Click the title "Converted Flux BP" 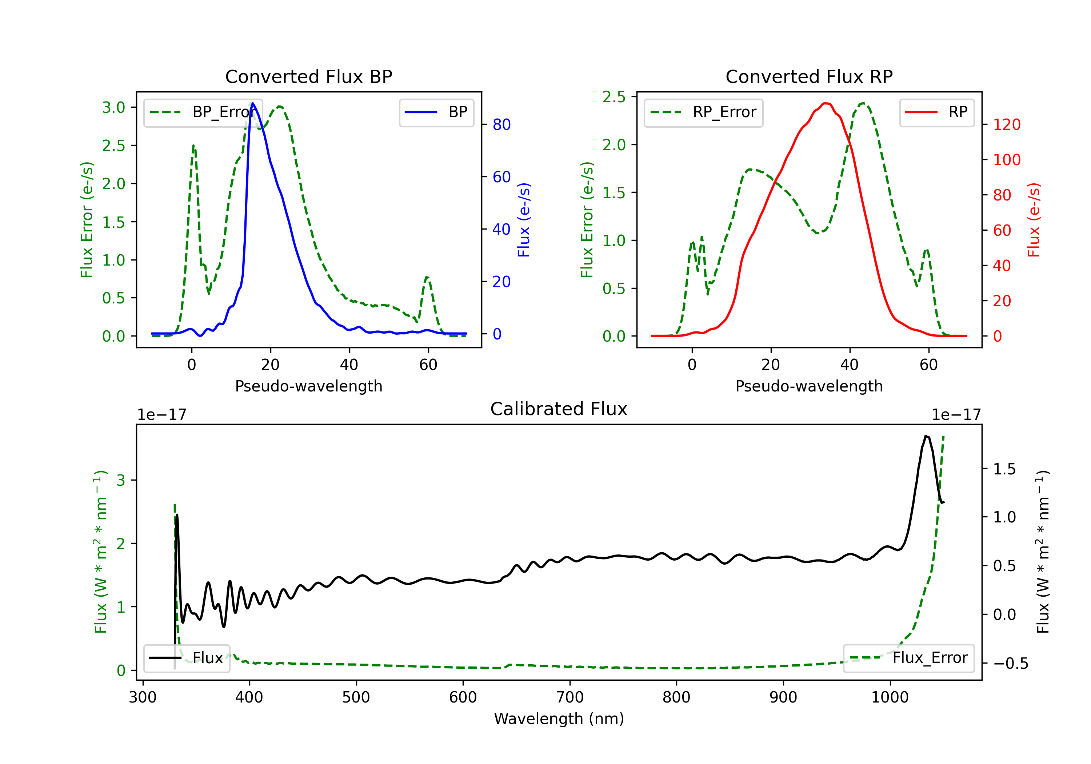(308, 76)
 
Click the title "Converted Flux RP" (809, 76)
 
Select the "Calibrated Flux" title (559, 409)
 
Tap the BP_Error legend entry (202, 112)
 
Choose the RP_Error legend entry (703, 112)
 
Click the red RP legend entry (936, 112)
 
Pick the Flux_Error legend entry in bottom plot (908, 658)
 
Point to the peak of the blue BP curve (253, 103)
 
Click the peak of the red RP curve (826, 103)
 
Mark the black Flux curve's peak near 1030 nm (926, 435)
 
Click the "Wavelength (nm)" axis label (559, 719)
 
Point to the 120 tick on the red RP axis (1007, 124)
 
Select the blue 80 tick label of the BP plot (501, 124)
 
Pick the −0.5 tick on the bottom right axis (1010, 663)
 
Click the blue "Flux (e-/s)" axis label (524, 220)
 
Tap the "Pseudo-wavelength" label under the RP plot (809, 386)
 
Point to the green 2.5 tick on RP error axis (614, 97)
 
